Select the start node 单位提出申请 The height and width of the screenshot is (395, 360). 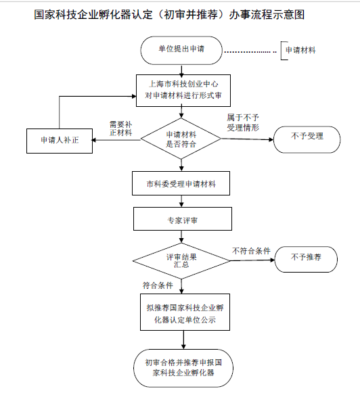[181, 49]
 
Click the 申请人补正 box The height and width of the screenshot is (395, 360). [60, 140]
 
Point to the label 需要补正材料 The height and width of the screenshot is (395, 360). [120, 129]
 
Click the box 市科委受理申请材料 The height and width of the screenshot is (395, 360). [181, 183]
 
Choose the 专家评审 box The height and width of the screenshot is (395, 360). [181, 220]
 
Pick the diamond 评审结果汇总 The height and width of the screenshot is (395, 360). [181, 261]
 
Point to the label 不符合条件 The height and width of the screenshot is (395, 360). [251, 251]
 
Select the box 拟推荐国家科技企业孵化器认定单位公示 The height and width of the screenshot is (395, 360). [181, 313]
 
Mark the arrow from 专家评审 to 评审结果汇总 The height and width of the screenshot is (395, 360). [181, 236]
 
